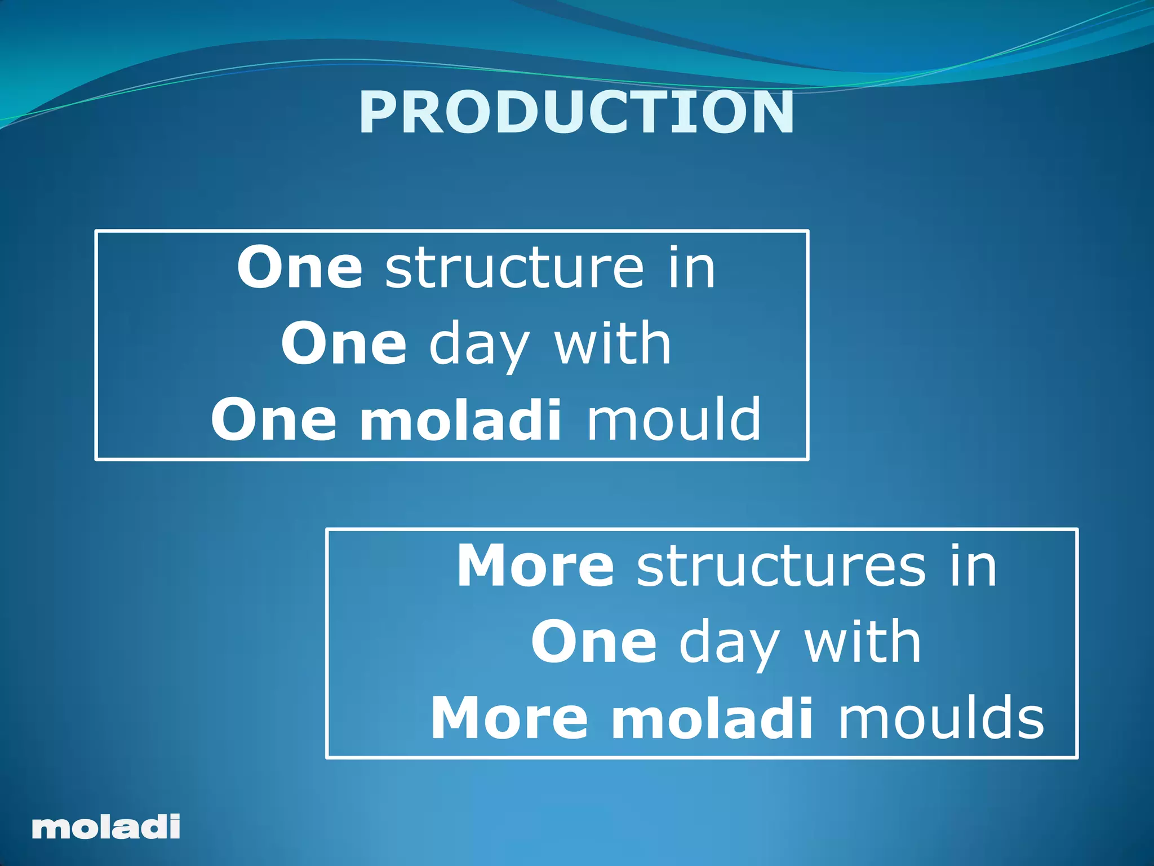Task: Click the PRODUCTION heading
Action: coord(576,113)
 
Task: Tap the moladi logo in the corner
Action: coord(106,827)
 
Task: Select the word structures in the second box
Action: coord(781,567)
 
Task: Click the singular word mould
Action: coord(674,420)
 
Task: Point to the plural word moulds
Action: coord(940,719)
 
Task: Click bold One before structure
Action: coord(299,268)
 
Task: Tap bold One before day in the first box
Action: coord(343,344)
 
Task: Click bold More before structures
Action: coord(535,567)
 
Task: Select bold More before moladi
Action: coord(509,719)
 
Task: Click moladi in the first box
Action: coord(460,420)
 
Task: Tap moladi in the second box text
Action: coord(712,719)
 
